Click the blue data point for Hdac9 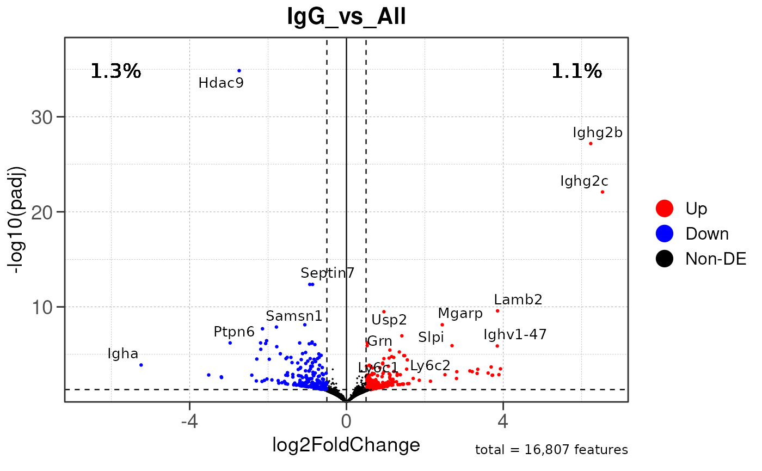239,70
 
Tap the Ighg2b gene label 597,132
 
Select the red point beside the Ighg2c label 603,192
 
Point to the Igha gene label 122,354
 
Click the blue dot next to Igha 141,365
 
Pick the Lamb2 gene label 518,299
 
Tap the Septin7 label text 327,273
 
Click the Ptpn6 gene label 234,332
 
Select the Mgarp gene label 460,314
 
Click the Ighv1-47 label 515,334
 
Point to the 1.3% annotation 115,71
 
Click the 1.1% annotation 576,71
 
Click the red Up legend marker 665,207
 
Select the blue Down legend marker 665,234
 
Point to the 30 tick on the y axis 46,117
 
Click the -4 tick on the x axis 189,421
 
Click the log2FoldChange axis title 346,445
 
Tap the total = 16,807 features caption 551,450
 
